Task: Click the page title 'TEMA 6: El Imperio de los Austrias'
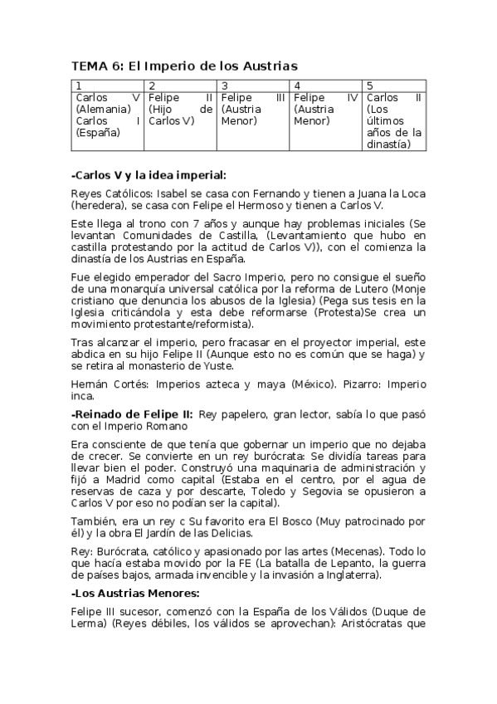pyautogui.click(x=184, y=66)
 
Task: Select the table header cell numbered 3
pyautogui.click(x=254, y=86)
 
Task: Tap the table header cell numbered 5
pyautogui.click(x=395, y=86)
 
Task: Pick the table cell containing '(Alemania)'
pyautogui.click(x=108, y=115)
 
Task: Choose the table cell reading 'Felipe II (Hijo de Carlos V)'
pyautogui.click(x=181, y=109)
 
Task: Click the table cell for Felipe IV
pyautogui.click(x=326, y=109)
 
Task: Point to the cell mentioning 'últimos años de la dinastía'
pyautogui.click(x=395, y=120)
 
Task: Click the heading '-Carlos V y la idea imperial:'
pyautogui.click(x=149, y=174)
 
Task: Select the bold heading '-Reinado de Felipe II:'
pyautogui.click(x=133, y=413)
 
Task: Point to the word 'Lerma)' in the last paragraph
pyautogui.click(x=92, y=623)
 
